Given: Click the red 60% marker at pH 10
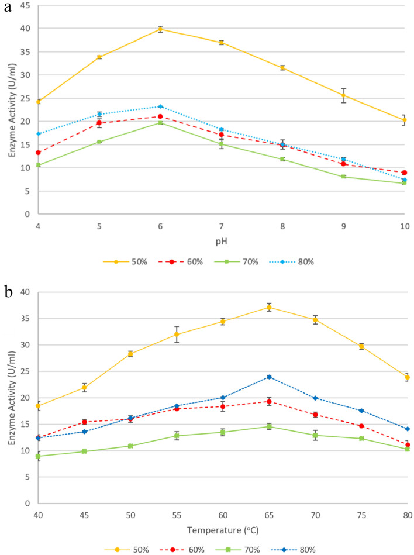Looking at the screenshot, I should tap(404, 173).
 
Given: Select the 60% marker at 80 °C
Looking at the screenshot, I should tap(407, 444).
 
